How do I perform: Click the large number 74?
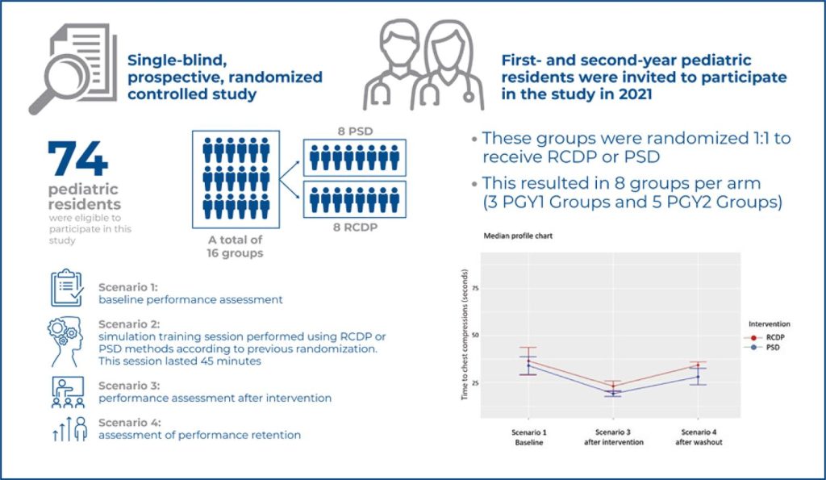coord(77,158)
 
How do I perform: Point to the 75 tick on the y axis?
coord(474,287)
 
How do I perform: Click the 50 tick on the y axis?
coord(474,335)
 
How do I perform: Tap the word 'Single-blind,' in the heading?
coord(171,59)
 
